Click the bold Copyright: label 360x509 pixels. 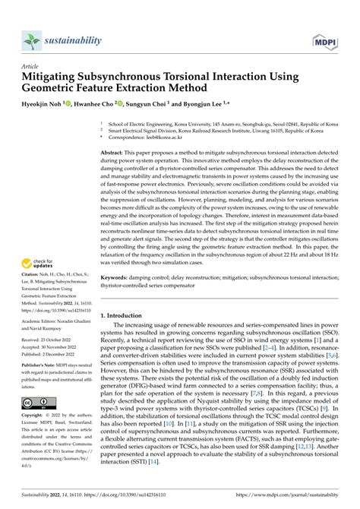(36, 416)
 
